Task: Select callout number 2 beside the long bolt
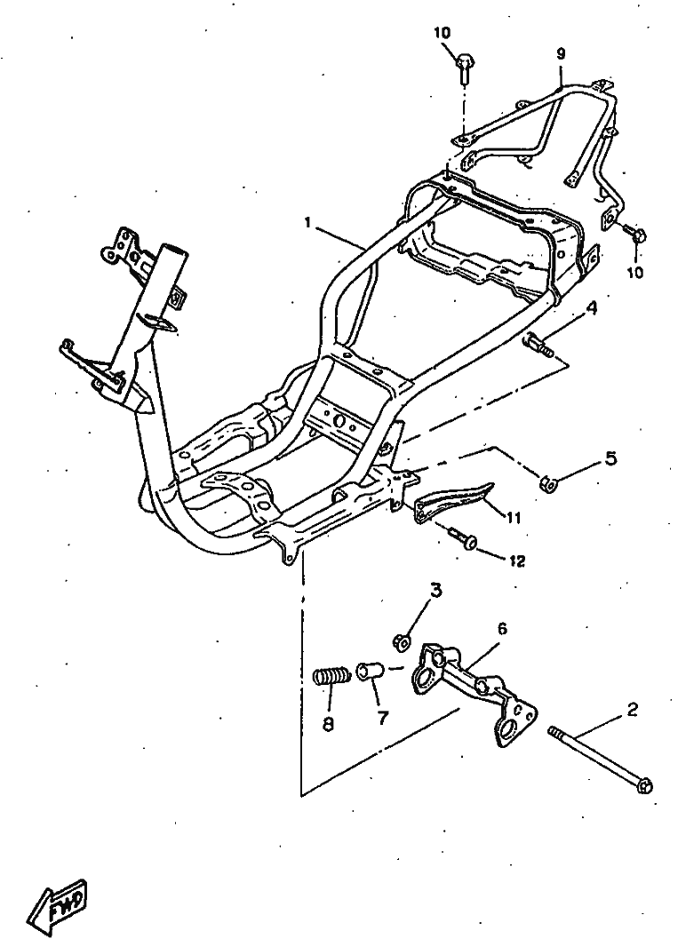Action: coord(632,709)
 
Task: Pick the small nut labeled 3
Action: coord(402,640)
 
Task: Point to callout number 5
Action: coord(610,458)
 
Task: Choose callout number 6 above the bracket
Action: coord(502,628)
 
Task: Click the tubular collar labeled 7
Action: coord(370,670)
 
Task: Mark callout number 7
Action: coord(383,719)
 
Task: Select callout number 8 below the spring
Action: coord(328,724)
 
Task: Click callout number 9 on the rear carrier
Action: coord(561,53)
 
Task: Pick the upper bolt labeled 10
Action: coord(462,64)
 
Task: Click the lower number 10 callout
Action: coord(634,272)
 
